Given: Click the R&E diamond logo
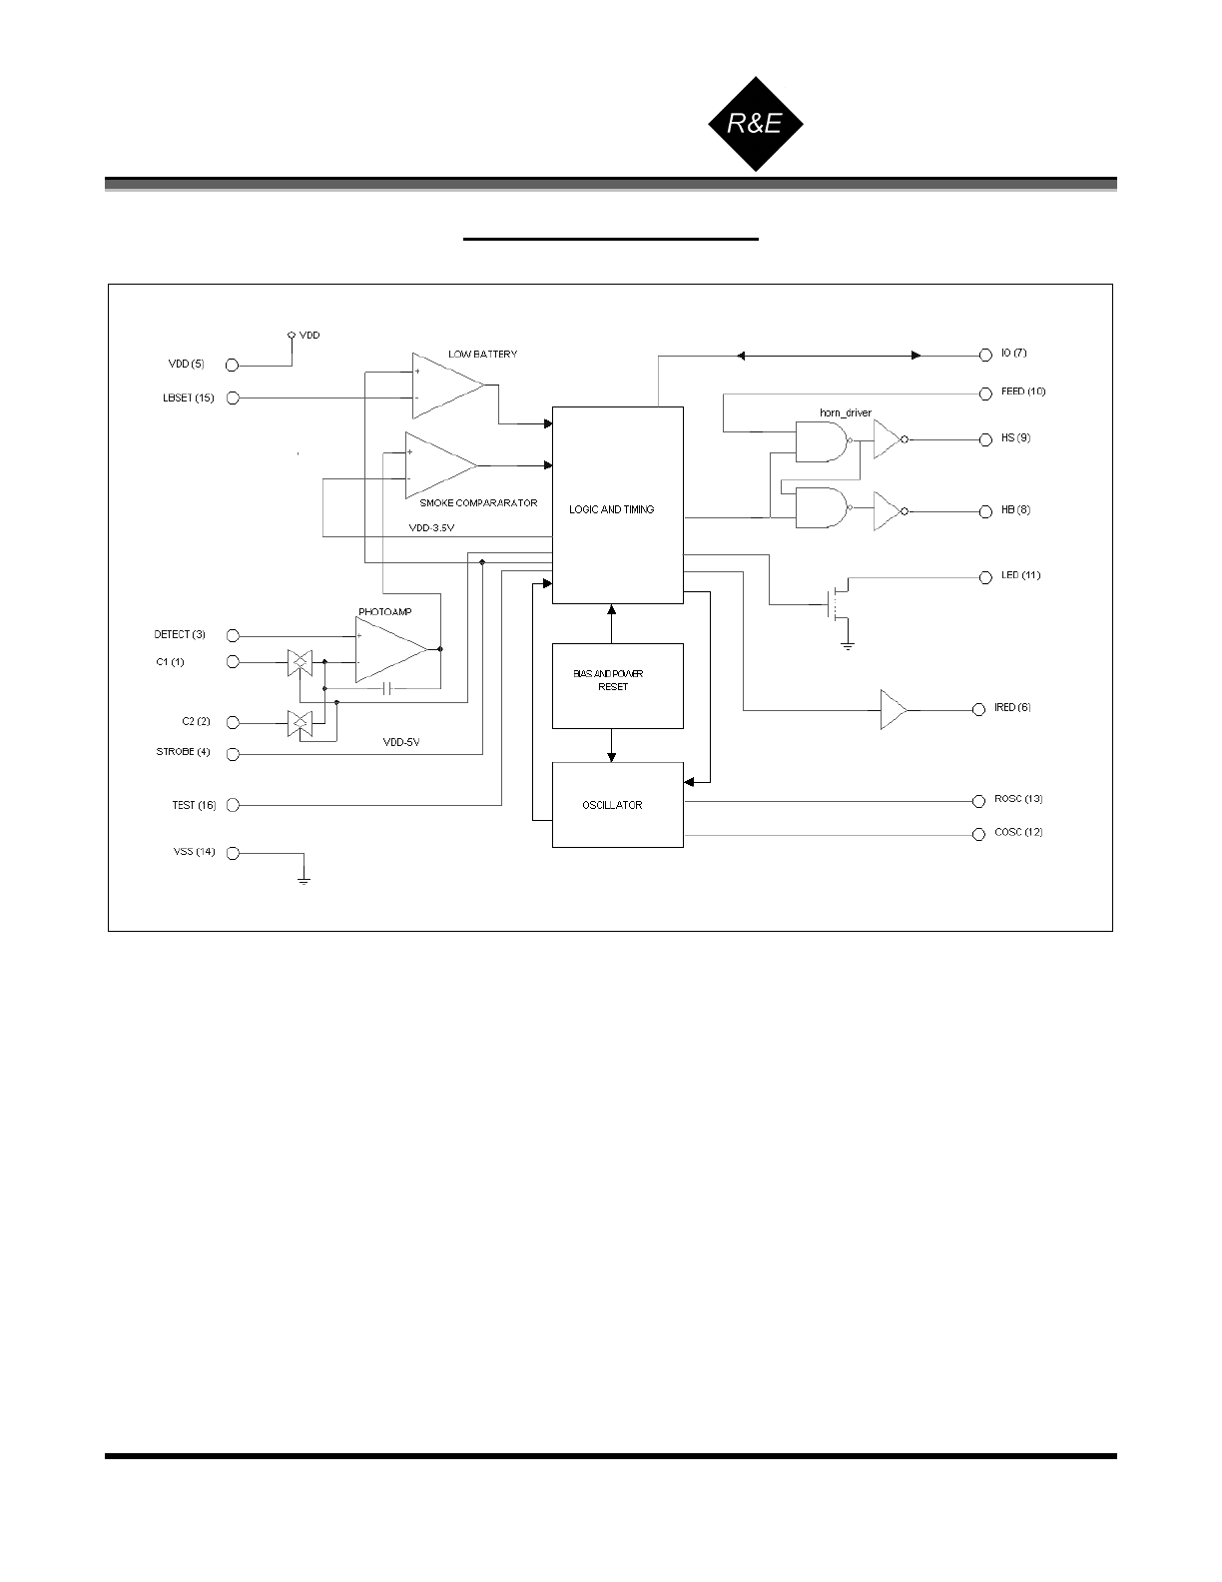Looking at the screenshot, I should (x=756, y=124).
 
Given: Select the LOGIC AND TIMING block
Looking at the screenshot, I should (x=617, y=505).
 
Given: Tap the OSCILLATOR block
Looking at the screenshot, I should (x=617, y=805).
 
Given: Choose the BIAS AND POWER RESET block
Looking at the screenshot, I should (x=617, y=686).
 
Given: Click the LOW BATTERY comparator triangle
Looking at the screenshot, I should (x=445, y=386).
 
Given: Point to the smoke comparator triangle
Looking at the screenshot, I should (x=438, y=465).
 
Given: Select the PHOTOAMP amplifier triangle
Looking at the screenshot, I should (x=389, y=649).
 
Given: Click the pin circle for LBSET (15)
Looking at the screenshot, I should (x=233, y=398).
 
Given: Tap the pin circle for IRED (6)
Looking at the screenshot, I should (x=978, y=709).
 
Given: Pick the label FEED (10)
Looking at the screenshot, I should (x=1023, y=392).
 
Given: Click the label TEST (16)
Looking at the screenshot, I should (x=194, y=805).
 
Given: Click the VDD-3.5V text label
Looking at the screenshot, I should (x=432, y=527).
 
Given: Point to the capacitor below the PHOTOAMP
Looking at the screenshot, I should (x=389, y=689).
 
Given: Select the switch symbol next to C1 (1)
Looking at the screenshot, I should (x=299, y=662).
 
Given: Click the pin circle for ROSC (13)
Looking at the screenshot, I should (x=978, y=801).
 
